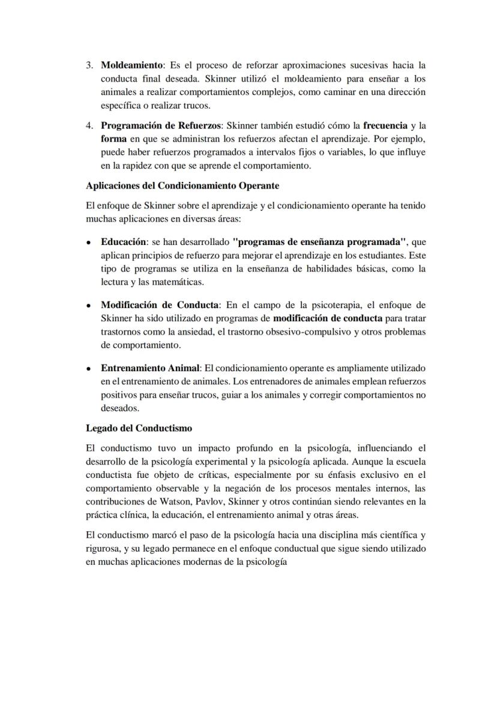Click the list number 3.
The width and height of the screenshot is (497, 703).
(89, 64)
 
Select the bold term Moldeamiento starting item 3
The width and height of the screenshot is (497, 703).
(131, 64)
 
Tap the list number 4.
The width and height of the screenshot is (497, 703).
(89, 125)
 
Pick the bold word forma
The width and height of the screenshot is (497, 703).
(113, 139)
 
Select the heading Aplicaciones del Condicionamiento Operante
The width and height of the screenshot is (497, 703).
(182, 186)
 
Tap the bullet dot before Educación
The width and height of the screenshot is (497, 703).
(89, 243)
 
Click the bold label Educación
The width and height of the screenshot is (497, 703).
(123, 242)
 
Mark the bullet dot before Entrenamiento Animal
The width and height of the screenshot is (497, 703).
(89, 369)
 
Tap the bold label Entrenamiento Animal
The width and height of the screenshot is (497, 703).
(149, 368)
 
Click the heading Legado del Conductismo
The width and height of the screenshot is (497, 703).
(139, 428)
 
